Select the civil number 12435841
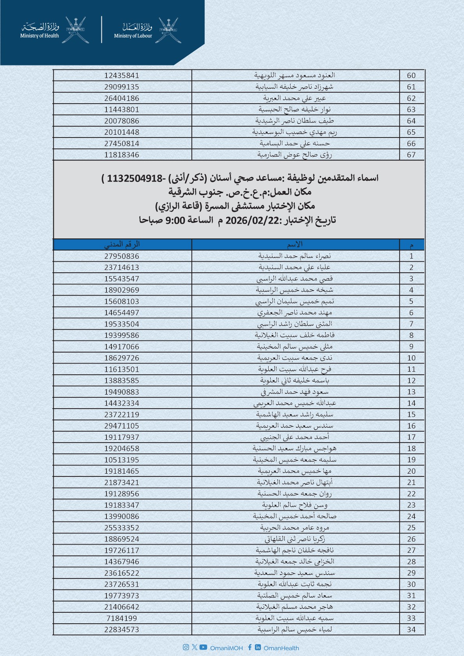click(x=122, y=76)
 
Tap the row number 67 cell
click(x=411, y=155)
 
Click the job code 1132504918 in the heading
click(x=135, y=178)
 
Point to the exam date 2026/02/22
click(x=253, y=220)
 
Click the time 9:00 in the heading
click(x=175, y=220)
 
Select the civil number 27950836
click(x=122, y=256)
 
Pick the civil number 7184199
click(x=122, y=618)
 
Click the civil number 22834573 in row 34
click(x=122, y=630)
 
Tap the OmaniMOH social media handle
click(x=226, y=648)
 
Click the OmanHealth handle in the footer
click(x=281, y=648)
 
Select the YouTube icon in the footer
click(x=203, y=647)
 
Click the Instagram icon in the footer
click(x=186, y=647)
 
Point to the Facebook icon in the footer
click(x=250, y=647)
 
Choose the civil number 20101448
click(x=122, y=132)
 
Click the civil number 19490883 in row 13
click(x=122, y=392)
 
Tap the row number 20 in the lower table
click(x=411, y=471)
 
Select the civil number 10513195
click(x=122, y=460)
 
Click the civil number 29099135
click(x=122, y=87)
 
